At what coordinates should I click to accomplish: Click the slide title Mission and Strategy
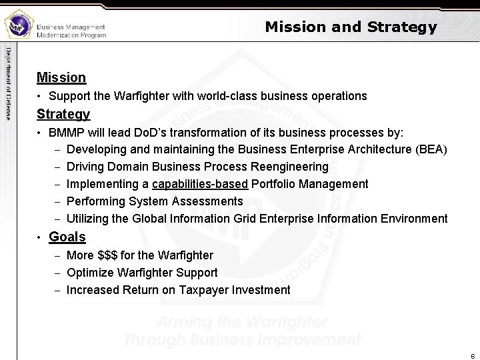(x=351, y=27)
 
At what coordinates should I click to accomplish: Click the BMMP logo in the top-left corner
(x=18, y=26)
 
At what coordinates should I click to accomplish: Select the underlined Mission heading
(x=61, y=77)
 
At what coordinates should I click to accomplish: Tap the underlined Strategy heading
(x=63, y=114)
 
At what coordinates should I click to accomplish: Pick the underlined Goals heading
(x=67, y=237)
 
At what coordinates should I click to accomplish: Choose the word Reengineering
(x=289, y=166)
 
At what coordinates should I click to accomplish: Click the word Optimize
(x=90, y=273)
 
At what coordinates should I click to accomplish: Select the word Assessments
(x=207, y=201)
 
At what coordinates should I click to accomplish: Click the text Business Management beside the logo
(x=71, y=27)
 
